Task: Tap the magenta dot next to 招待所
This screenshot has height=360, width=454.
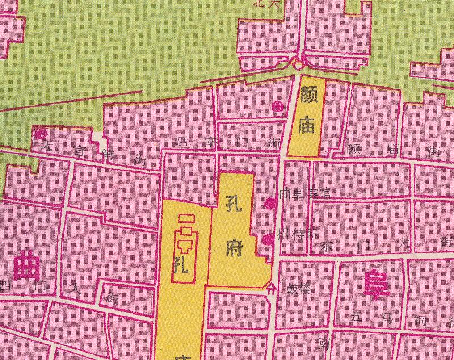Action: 268,239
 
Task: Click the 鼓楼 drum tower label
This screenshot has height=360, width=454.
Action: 298,288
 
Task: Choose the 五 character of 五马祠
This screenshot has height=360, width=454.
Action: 356,317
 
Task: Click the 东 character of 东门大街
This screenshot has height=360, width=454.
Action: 328,247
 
